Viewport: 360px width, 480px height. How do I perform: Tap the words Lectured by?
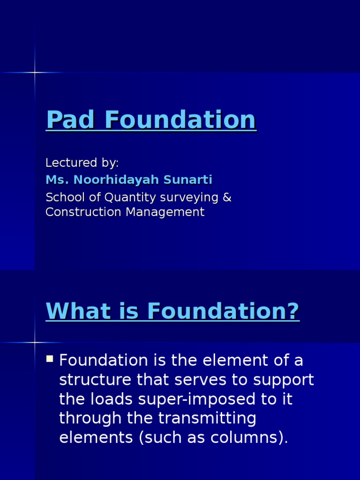(x=82, y=163)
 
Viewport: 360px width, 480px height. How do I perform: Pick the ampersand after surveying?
(x=227, y=197)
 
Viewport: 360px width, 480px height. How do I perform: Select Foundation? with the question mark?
(x=223, y=311)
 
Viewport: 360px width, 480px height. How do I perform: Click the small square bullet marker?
(x=50, y=360)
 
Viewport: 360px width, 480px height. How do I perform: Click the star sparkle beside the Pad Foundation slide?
(x=35, y=72)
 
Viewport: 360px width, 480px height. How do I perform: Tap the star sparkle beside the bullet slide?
(x=35, y=342)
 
